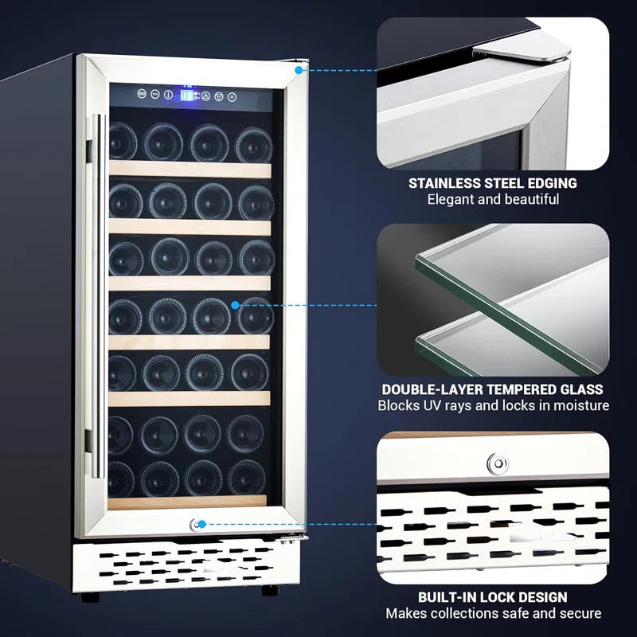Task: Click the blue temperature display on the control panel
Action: coord(187,96)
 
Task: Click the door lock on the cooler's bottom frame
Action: coord(195,524)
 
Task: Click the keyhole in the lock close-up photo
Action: coord(498,463)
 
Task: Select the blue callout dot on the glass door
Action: coord(236,304)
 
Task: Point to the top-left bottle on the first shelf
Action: coord(123,141)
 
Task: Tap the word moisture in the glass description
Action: coord(581,406)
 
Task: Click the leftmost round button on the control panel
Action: coord(142,96)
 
